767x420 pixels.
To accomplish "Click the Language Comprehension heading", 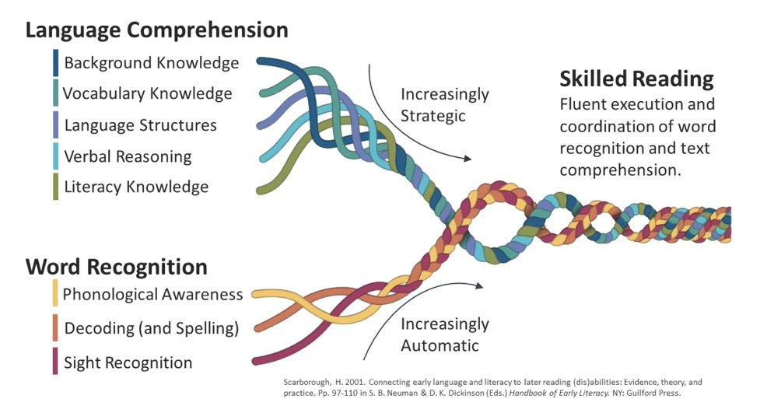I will (156, 30).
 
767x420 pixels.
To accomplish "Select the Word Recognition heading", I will (116, 267).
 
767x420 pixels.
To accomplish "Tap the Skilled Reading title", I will (636, 79).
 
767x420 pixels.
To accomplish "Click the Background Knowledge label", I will (152, 63).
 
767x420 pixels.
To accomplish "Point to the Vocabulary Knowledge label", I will (147, 94).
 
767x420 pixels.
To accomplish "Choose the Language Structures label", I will (141, 125).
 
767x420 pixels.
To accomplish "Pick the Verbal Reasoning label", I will (128, 156).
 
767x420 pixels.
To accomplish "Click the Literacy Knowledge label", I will (136, 187).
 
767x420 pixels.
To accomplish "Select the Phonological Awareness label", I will (152, 294).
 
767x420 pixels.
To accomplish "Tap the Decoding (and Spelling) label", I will (151, 328).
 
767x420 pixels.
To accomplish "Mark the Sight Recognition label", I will (128, 362).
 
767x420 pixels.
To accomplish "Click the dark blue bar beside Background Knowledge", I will (55, 63).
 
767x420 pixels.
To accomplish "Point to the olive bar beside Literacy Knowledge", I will (55, 187).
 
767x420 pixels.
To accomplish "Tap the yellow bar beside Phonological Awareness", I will (54, 294).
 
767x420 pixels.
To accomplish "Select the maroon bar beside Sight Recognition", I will (54, 362).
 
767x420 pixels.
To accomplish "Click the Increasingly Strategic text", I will (444, 105).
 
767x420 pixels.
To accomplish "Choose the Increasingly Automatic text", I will (444, 334).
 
